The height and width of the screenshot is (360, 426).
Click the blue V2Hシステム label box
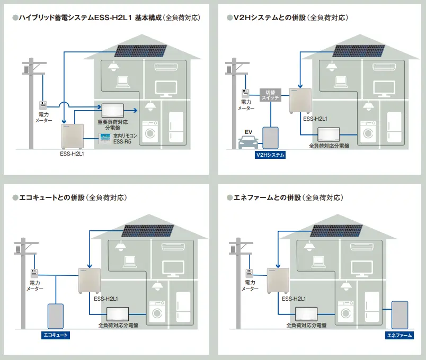pos(270,155)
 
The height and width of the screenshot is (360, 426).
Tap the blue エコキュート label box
pos(56,336)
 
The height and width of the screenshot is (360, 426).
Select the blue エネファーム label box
pos(398,336)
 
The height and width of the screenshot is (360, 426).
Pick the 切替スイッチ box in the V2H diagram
pos(270,95)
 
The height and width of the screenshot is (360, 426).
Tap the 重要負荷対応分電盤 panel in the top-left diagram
pos(112,110)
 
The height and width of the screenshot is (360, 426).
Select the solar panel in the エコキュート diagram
pos(148,230)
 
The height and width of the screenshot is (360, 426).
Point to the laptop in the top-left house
pos(123,82)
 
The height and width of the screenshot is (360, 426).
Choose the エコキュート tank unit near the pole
pos(56,316)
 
